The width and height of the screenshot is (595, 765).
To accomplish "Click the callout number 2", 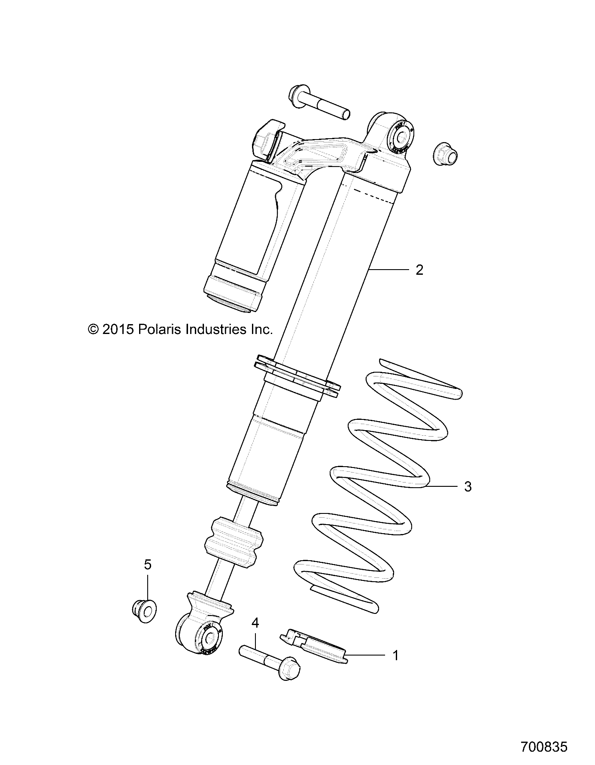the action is pos(419,270).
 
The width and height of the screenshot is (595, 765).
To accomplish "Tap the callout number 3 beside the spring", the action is pos(467,487).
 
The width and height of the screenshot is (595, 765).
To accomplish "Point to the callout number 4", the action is pos(255,622).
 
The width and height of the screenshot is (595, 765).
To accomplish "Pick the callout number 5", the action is pos(148,565).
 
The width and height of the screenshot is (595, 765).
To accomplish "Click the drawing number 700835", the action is pos(544,747).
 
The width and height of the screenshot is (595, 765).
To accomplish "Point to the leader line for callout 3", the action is pos(442,486).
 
